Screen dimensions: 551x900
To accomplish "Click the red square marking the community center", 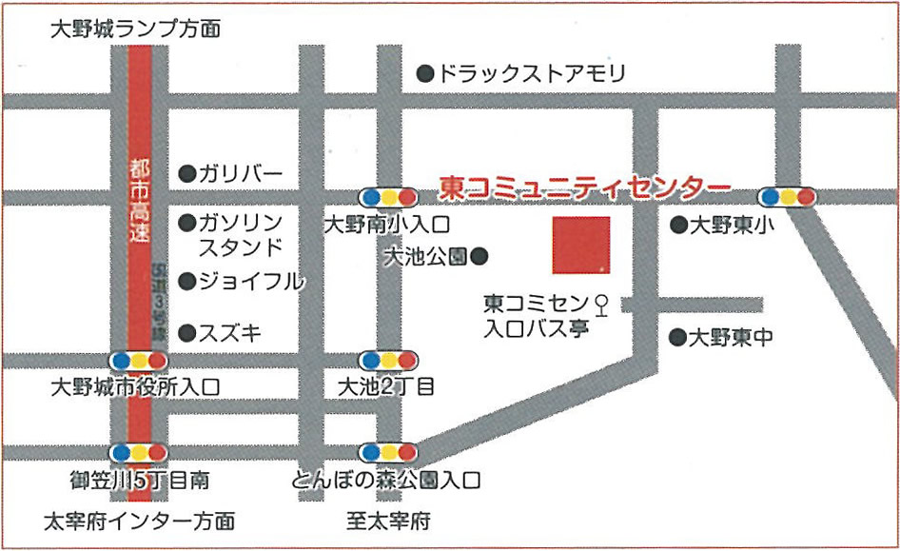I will [581, 246].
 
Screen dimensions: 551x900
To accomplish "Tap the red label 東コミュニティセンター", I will [585, 186].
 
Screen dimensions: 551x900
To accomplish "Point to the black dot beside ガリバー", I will [187, 173].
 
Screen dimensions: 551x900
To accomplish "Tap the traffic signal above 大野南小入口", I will [388, 197].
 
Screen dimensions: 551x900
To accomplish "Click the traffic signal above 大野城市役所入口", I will [139, 361].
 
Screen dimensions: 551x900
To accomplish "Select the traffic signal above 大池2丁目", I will [388, 361].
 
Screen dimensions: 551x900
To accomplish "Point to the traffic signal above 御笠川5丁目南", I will [139, 452].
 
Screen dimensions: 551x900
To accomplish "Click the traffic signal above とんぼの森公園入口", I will [388, 452].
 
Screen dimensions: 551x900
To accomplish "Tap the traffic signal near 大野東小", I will [788, 197].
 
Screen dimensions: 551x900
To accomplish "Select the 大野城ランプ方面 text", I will [135, 30].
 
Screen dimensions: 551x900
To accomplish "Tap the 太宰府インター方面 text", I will [140, 521].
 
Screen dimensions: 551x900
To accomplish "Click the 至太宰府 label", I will [389, 521].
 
